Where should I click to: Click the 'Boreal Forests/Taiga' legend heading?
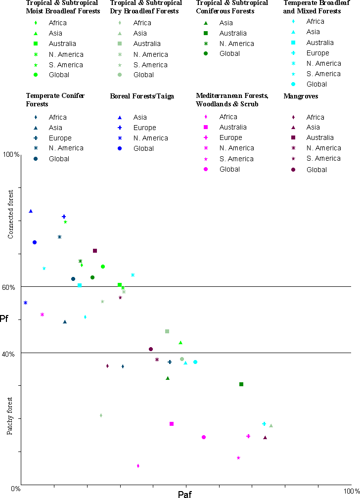point(142,96)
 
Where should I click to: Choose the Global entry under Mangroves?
point(316,170)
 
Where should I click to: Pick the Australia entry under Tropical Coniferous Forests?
point(233,33)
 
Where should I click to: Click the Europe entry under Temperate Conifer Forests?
point(60,138)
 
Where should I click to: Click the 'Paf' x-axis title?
point(185,494)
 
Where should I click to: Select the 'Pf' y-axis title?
point(4,318)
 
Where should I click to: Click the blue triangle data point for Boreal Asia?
point(31,211)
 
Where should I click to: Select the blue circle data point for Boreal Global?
point(35,242)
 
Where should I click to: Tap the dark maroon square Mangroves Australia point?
point(95,251)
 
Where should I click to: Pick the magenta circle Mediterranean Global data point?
point(204,437)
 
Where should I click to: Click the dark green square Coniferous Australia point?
point(241,384)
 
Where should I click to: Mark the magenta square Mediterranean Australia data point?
point(172,424)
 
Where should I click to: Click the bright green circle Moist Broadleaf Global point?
point(103,267)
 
